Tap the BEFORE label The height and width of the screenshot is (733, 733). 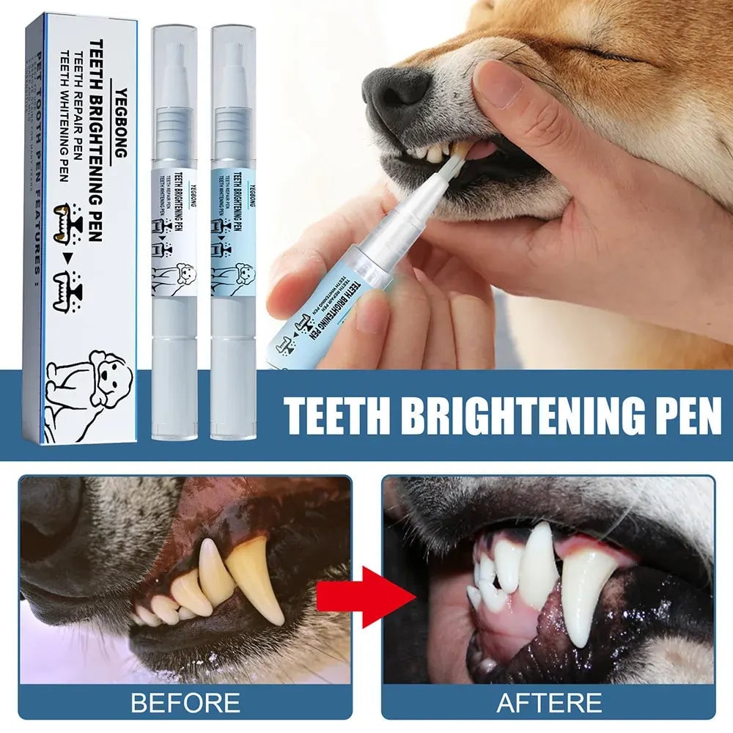[185, 702]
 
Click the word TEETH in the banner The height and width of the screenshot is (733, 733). [339, 416]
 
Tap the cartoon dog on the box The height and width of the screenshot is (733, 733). [95, 381]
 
